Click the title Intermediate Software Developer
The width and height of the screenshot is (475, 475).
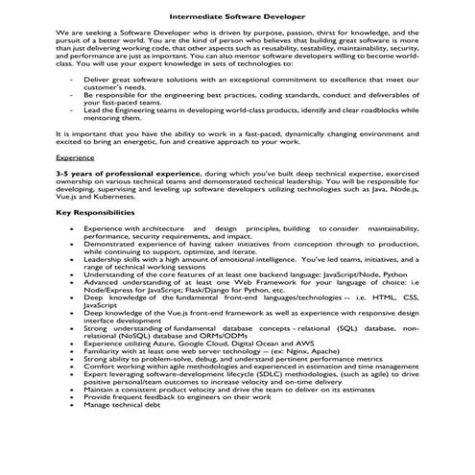[x=237, y=17]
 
